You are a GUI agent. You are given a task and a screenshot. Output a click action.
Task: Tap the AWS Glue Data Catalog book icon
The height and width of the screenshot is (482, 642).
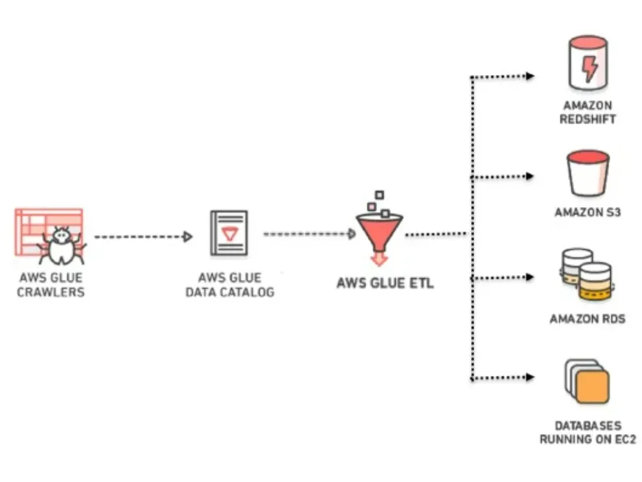pos(229,233)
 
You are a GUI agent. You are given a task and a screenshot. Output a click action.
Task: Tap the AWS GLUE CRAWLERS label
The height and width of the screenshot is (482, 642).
pos(52,285)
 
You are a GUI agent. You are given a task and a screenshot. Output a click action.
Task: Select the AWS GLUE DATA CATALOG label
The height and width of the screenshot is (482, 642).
pos(230,285)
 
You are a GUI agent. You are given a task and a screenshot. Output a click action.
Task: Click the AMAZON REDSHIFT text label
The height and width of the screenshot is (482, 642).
pos(588,112)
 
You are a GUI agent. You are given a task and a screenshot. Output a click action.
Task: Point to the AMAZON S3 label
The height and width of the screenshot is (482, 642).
pos(588,212)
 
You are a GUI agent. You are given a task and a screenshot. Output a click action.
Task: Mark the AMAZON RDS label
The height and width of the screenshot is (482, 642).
pos(588,319)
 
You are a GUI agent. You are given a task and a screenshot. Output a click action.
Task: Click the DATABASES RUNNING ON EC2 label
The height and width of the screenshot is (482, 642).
pos(588,433)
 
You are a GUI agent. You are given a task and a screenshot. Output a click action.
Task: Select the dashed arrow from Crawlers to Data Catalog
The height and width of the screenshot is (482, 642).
pos(143,237)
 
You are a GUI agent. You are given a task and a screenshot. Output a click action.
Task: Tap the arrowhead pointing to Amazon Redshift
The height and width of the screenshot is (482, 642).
pos(529,76)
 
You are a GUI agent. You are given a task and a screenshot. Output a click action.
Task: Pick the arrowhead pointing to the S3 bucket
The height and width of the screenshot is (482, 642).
pos(529,176)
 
